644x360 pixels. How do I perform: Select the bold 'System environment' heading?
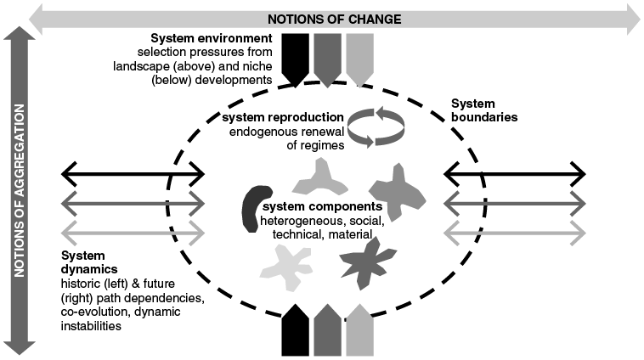click(x=212, y=39)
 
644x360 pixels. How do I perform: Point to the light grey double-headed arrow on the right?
click(x=515, y=230)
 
